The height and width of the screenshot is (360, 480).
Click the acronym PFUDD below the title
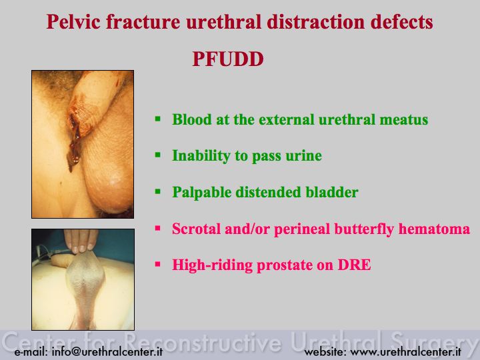(228, 59)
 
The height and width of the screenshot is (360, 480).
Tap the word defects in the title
(401, 22)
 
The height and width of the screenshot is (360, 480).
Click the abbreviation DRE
(354, 265)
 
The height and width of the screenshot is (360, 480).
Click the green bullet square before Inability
(157, 155)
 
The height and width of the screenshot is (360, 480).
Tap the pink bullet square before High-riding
(157, 264)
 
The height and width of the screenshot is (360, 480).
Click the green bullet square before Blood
(157, 119)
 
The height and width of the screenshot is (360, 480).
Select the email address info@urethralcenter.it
(107, 351)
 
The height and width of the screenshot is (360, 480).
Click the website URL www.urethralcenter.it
(405, 351)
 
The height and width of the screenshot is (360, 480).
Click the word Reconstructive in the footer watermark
(203, 342)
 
